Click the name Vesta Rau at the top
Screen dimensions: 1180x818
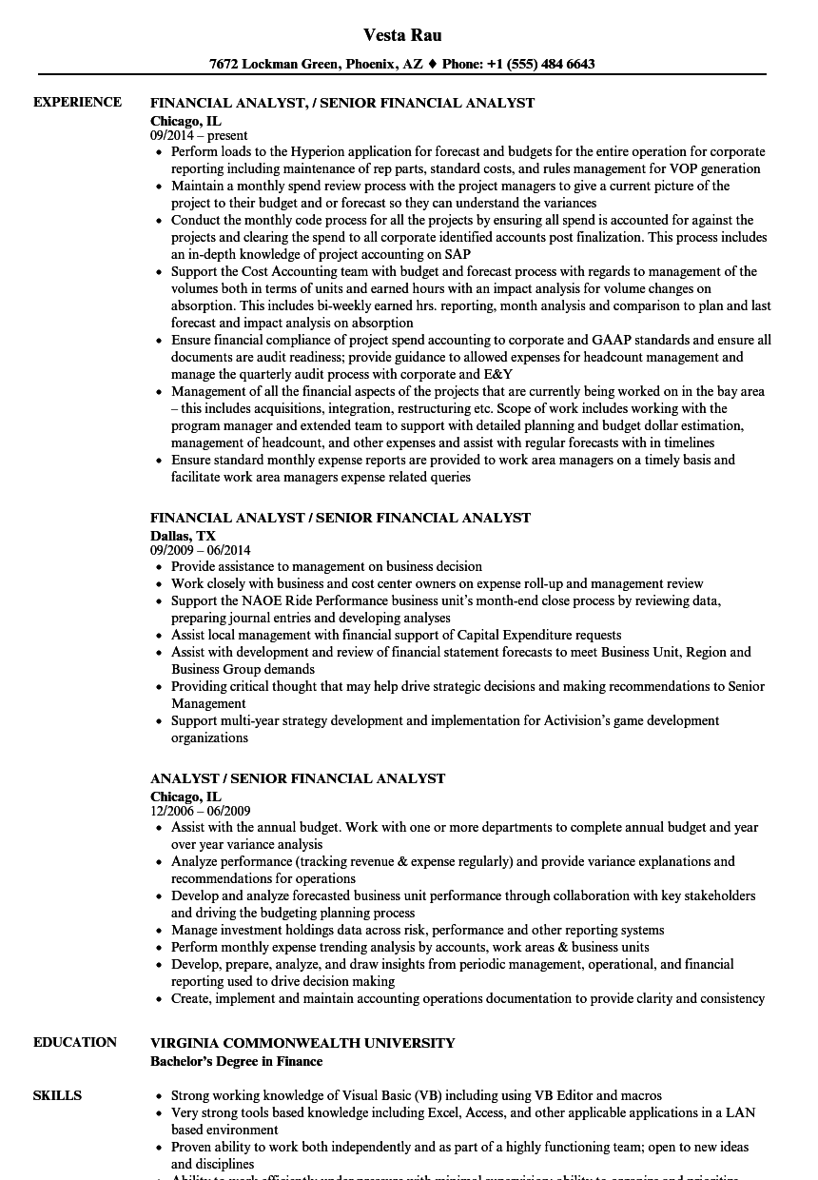point(401,35)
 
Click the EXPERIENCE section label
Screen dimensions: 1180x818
point(77,103)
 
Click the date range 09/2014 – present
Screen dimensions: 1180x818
point(199,136)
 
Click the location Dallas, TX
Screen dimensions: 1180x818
point(183,536)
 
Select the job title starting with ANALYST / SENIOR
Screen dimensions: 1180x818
point(297,778)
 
